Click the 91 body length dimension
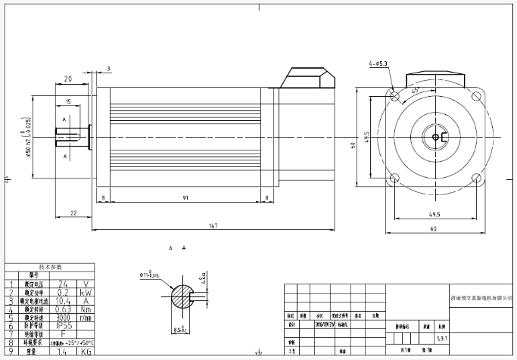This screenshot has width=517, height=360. click(185, 197)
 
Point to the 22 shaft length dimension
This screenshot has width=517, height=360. click(73, 213)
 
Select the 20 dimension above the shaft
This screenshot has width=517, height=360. click(68, 79)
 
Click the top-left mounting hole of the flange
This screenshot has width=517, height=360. click(394, 96)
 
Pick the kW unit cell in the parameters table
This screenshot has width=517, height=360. click(86, 291)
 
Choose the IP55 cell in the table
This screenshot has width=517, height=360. click(66, 326)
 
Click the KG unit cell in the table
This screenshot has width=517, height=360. click(86, 352)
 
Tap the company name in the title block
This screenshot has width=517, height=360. click(481, 299)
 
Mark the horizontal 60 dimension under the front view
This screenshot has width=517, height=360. click(434, 228)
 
